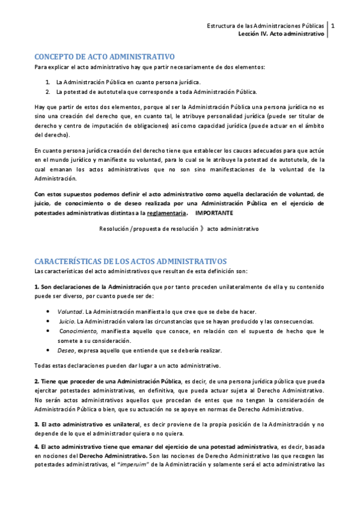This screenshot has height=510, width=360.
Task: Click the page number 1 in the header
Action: pos(334,26)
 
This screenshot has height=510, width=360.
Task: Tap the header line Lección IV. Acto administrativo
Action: pos(281,34)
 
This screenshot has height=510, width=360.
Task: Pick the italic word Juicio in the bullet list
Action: pos(67,321)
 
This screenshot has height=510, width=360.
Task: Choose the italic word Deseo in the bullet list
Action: pos(66,351)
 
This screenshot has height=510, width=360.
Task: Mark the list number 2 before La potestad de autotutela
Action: pos(47,91)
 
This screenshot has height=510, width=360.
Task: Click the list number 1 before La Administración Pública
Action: pos(47,82)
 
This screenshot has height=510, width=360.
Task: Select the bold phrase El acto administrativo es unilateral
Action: pos(87,424)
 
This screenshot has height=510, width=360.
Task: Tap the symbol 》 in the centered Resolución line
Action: pos(201,229)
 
